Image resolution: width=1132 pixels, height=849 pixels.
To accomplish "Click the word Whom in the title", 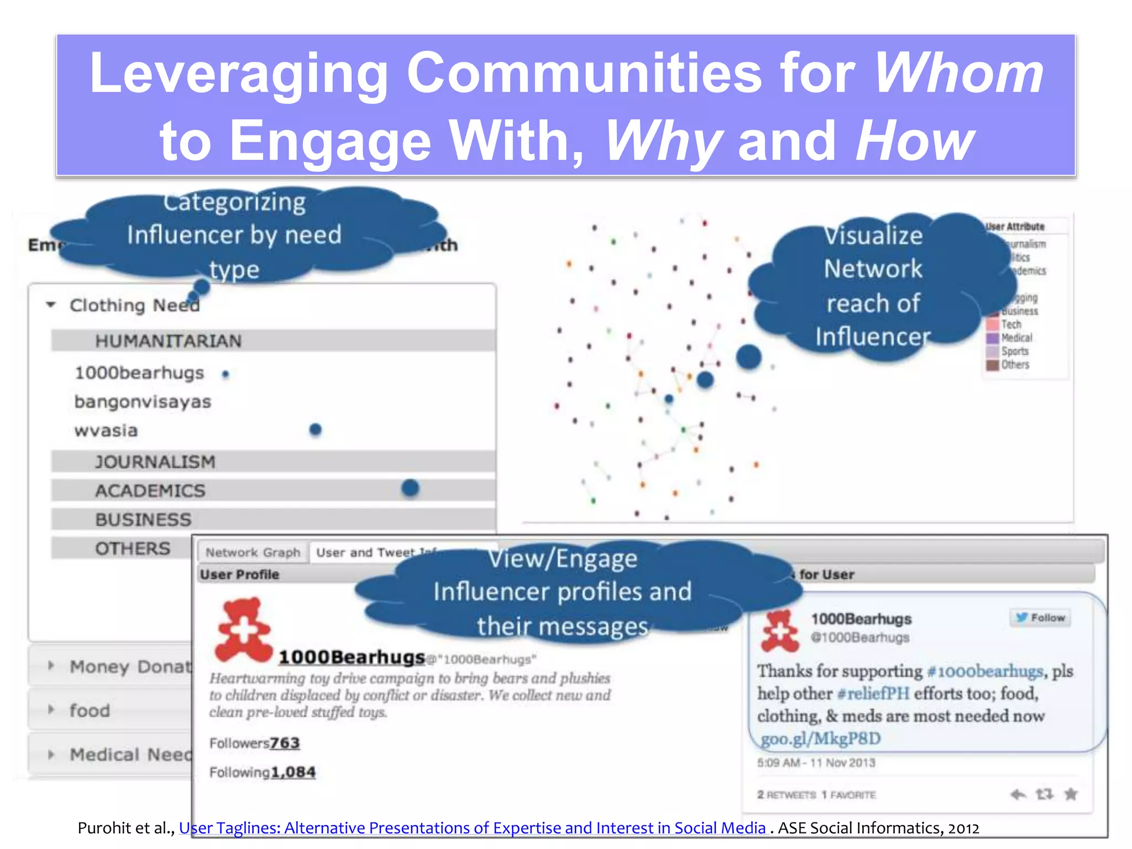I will pos(958,73).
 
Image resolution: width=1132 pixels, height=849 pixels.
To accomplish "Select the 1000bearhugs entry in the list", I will pos(139,373).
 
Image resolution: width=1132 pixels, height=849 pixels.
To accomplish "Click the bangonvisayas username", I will pos(143,402).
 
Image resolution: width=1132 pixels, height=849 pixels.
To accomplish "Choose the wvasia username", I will pos(106,431).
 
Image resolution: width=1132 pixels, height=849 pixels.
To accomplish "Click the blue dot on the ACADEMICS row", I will pos(410,488).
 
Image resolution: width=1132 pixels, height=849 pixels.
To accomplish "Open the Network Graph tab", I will pos(253,552).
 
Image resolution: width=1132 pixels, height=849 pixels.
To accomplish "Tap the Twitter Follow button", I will pos(1040,618).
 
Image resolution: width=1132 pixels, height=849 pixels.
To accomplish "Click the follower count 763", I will pos(285,743).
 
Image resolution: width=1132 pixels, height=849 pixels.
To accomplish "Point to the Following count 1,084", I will pos(293,772).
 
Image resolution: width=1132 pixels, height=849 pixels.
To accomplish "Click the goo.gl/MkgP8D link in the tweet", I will pos(820,739).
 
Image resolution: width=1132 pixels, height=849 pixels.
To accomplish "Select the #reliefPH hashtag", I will pos(873,693).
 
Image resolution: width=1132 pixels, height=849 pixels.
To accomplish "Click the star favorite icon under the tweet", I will pos(1071,794).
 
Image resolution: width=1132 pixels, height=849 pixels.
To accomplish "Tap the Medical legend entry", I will pos(1016,338).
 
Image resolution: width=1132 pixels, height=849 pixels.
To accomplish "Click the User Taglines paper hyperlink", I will pos(473,828).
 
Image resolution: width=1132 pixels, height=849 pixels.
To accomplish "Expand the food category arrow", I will pos(51,710).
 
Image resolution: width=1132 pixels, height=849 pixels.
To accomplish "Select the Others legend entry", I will pos(1015,365).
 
